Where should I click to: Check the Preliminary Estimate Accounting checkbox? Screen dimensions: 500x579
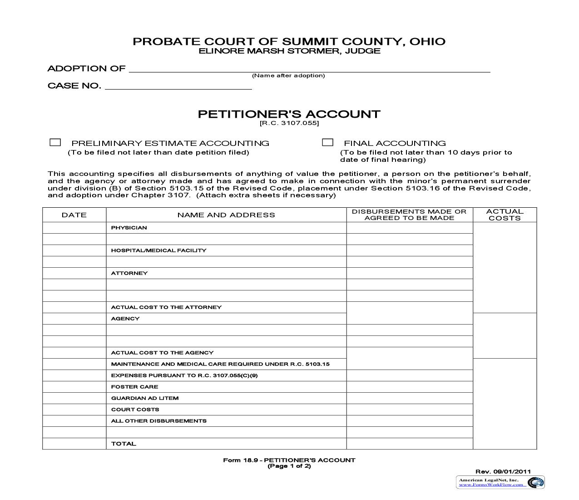(x=55, y=143)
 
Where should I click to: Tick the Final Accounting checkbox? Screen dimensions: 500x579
(x=327, y=143)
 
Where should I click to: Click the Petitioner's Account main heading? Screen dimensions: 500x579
(x=289, y=114)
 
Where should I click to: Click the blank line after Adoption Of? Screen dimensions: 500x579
(x=309, y=69)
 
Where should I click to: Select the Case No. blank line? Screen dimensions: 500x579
(x=178, y=86)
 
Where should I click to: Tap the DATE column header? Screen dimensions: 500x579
(x=74, y=215)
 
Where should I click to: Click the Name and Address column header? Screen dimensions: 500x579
(x=226, y=215)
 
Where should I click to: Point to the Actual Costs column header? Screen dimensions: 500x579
(x=505, y=215)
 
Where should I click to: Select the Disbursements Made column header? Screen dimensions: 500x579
(x=409, y=215)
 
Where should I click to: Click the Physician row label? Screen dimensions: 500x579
(x=129, y=228)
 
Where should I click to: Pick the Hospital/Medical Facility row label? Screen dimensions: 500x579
(x=158, y=250)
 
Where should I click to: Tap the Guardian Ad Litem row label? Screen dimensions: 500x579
(x=145, y=398)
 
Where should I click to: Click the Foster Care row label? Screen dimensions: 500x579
(x=134, y=387)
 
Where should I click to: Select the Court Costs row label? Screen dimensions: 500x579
(x=135, y=410)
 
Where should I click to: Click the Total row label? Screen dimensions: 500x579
(x=124, y=444)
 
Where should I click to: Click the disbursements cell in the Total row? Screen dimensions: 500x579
(x=409, y=444)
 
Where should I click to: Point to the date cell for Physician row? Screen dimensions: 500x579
(x=74, y=228)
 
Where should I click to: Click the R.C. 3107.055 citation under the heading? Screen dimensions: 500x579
(x=289, y=123)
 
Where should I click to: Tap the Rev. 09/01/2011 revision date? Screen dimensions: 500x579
(x=503, y=471)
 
